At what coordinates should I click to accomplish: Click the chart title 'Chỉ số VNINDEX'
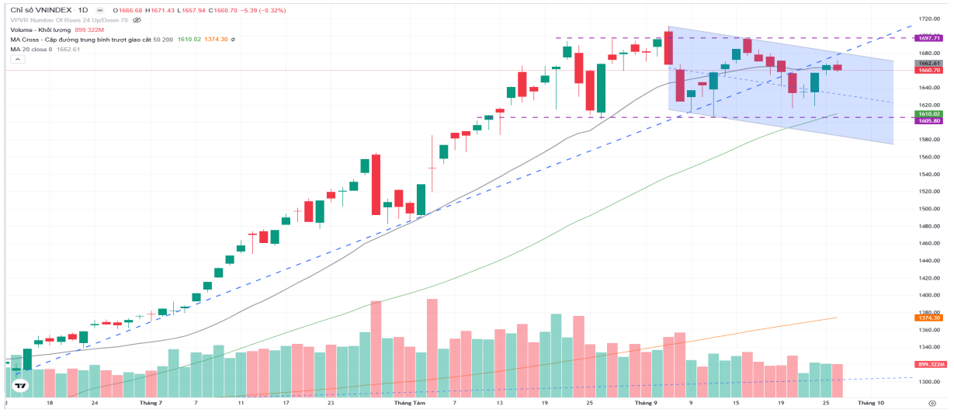38,9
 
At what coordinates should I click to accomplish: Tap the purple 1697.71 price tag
928,37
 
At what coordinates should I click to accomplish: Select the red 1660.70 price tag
928,70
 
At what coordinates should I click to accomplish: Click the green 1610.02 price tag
928,113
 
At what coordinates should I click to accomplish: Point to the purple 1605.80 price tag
928,120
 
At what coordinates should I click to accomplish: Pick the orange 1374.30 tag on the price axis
928,318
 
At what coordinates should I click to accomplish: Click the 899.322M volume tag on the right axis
930,364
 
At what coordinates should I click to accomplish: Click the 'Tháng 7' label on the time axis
151,404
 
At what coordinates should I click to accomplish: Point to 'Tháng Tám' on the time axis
409,404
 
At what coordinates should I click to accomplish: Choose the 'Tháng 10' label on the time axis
870,404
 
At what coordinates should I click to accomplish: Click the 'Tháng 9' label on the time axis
646,404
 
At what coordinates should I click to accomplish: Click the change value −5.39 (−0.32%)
263,9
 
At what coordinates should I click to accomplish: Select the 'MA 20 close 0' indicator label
31,49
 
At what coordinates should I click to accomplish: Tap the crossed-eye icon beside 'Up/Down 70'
137,19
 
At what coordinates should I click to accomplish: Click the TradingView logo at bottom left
21,385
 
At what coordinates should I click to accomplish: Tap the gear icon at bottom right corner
931,404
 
